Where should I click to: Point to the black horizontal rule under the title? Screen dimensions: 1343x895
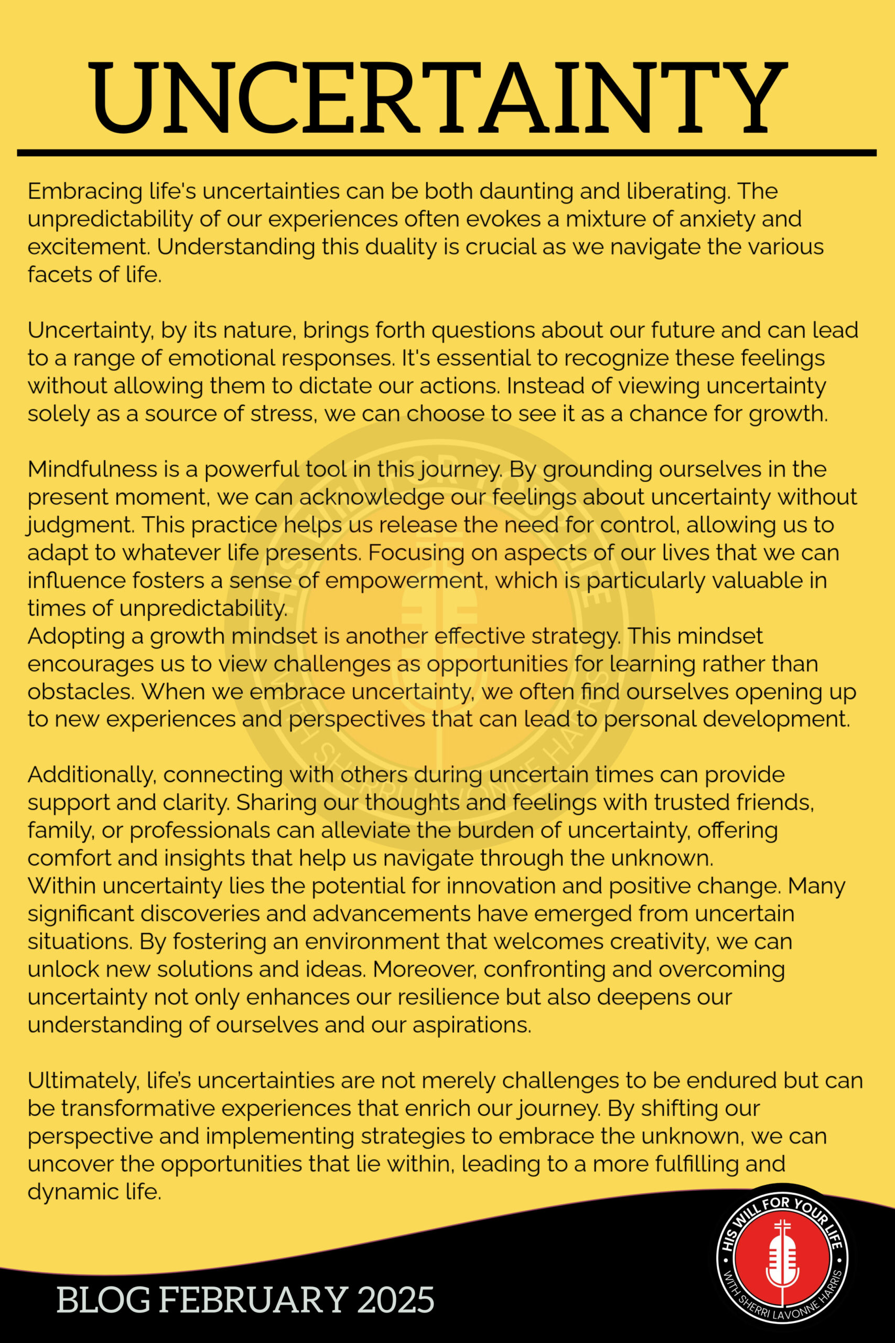click(446, 153)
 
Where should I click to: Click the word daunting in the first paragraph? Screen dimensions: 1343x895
click(526, 191)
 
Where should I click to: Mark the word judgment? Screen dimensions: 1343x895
click(79, 525)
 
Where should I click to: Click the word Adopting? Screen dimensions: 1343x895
click(77, 635)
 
